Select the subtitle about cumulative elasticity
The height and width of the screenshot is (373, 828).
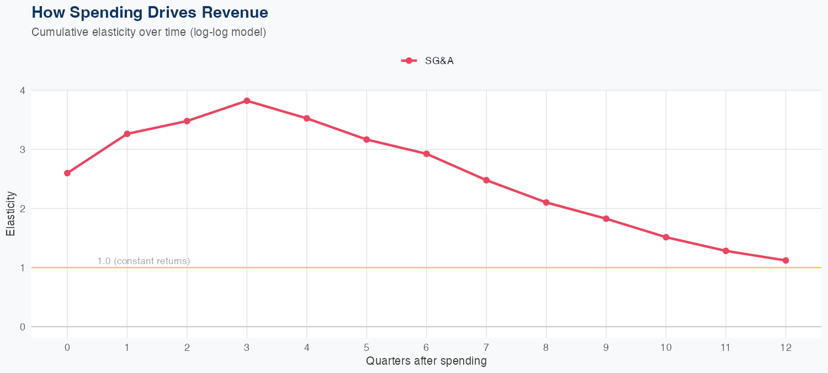(149, 32)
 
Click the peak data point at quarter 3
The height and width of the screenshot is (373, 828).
(247, 101)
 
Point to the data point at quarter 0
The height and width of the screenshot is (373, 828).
(67, 173)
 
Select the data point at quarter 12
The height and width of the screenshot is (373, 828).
(785, 260)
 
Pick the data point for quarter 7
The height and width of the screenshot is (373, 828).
(486, 180)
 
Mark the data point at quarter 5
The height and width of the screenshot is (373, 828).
(367, 139)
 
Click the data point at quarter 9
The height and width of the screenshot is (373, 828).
(606, 219)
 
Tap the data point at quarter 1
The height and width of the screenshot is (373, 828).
(127, 134)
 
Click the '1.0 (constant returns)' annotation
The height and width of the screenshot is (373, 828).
(144, 261)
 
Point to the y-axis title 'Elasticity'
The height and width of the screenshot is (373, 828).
(10, 213)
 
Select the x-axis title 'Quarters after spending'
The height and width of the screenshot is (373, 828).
(426, 361)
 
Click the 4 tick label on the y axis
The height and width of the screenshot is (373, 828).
(23, 90)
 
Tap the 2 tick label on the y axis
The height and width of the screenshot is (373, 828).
(23, 208)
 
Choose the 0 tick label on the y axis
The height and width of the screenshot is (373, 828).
(23, 327)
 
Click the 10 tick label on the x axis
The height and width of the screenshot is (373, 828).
(666, 348)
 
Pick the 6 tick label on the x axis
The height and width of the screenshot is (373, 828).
(426, 348)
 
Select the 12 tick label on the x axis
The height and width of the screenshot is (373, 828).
(785, 348)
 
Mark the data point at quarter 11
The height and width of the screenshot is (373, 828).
(726, 251)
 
